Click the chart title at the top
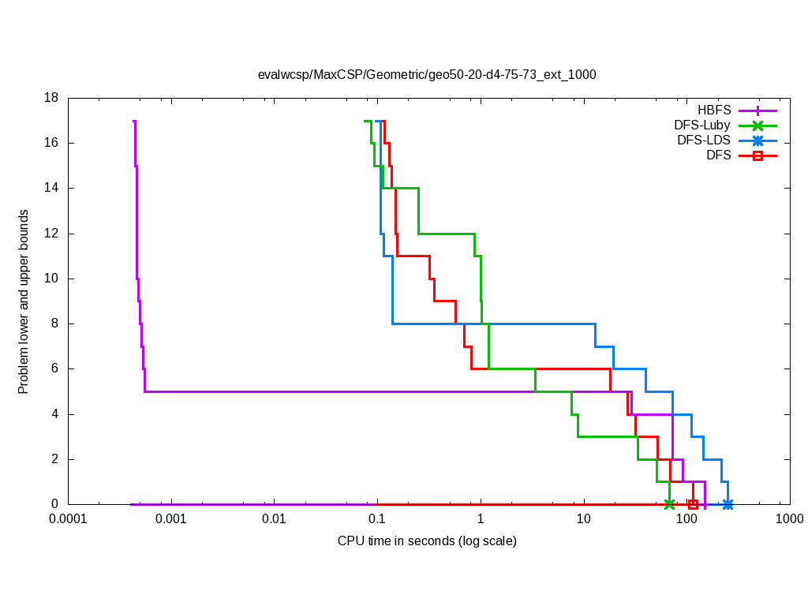point(427,75)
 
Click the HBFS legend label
point(714,110)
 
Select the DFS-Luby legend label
point(702,125)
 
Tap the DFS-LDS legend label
point(704,140)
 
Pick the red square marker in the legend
point(757,155)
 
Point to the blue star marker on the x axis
point(728,504)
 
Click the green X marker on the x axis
point(670,504)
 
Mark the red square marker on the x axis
point(693,504)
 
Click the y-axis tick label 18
point(51,98)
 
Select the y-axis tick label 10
point(51,279)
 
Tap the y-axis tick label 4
point(55,414)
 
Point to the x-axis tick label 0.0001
point(68,519)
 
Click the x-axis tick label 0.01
point(274,519)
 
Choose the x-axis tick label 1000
point(789,519)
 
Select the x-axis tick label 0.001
point(170,519)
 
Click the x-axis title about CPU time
point(427,541)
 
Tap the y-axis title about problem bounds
point(24,301)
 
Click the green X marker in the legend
point(757,125)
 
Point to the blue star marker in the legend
point(757,140)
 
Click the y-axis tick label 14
point(51,188)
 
